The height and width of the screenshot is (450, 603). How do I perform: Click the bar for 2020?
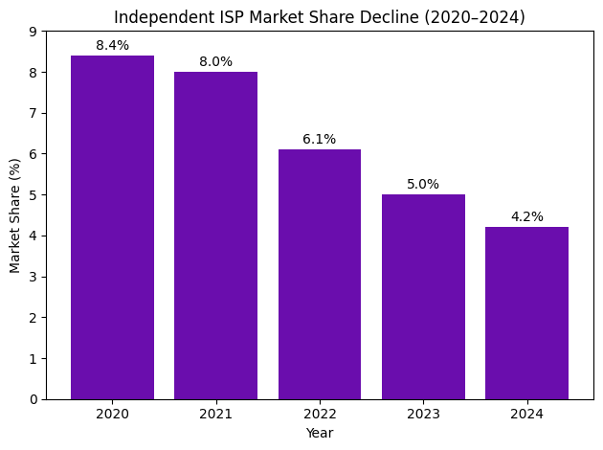click(112, 227)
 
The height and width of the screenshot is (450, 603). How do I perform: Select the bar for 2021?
click(215, 236)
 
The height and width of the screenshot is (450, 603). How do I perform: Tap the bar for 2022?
click(320, 274)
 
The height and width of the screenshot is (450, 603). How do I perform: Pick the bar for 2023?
click(423, 297)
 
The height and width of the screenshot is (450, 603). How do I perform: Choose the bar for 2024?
click(526, 313)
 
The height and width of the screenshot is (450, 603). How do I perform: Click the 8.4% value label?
click(112, 46)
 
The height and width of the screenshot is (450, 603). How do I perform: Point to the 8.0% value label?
click(215, 62)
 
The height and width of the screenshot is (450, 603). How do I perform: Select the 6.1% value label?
click(320, 140)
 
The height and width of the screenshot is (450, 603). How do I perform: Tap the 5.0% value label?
click(423, 185)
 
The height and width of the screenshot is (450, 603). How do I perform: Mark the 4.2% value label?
click(526, 217)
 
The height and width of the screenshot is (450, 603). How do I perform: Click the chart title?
click(320, 17)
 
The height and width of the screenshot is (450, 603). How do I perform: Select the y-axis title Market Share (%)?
click(15, 215)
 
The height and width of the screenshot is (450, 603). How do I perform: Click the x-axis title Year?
click(320, 433)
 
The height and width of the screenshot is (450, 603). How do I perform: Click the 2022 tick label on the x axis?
click(320, 414)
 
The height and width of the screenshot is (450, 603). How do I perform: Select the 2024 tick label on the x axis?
click(526, 414)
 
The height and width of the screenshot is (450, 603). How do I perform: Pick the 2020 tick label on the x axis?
click(112, 414)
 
